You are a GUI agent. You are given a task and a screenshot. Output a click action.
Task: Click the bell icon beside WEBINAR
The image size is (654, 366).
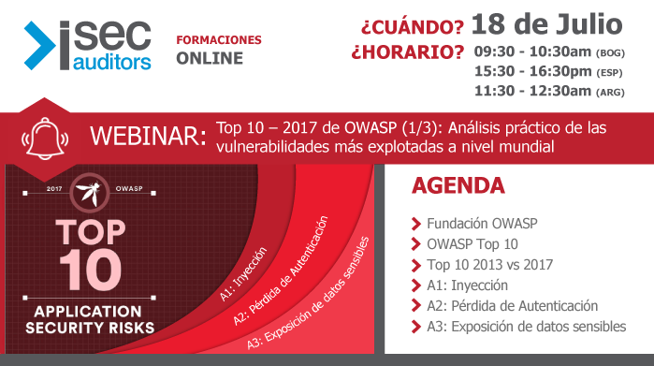[47, 138]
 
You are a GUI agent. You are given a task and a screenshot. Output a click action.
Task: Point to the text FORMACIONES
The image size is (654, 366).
[218, 41]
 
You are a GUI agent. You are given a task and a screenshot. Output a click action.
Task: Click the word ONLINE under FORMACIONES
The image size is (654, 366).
[210, 58]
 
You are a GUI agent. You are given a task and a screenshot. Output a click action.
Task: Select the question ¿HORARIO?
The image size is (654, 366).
[407, 52]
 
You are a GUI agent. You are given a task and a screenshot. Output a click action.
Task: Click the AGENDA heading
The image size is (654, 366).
[458, 185]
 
